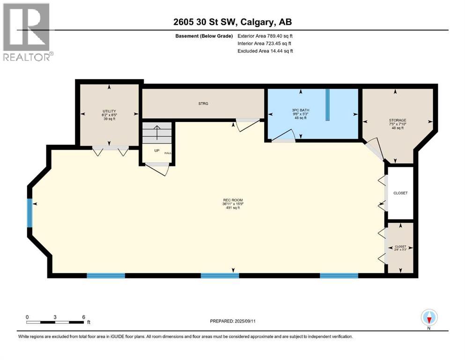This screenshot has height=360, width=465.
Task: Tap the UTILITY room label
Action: (109, 111)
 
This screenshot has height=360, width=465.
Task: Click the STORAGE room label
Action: (397, 120)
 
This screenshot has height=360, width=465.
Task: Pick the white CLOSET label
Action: (400, 193)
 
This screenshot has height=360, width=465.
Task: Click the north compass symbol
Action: (429, 318)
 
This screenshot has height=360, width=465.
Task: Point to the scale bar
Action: (55, 322)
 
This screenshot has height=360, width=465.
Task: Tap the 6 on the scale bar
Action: (83, 317)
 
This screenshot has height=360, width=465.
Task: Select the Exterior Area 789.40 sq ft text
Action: (265, 36)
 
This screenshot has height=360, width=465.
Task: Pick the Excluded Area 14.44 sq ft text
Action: (265, 51)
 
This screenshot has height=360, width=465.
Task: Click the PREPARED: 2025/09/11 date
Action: (233, 322)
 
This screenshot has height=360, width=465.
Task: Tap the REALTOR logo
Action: (27, 31)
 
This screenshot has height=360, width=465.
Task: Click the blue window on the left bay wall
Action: (30, 213)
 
